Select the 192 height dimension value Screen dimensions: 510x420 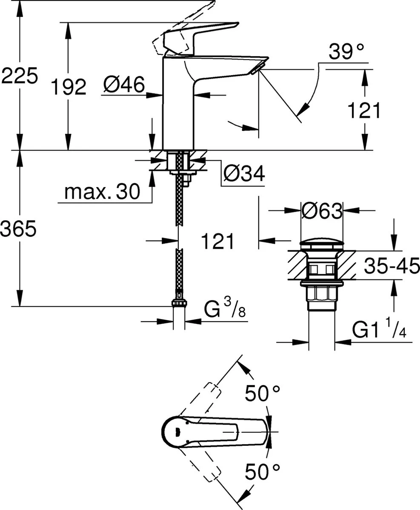pos(68,87)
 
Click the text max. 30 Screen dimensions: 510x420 pos(102,193)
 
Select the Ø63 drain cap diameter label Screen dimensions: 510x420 pos(322,210)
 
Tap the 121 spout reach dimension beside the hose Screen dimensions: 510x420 pos(217,241)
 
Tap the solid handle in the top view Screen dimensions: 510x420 pos(213,433)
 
